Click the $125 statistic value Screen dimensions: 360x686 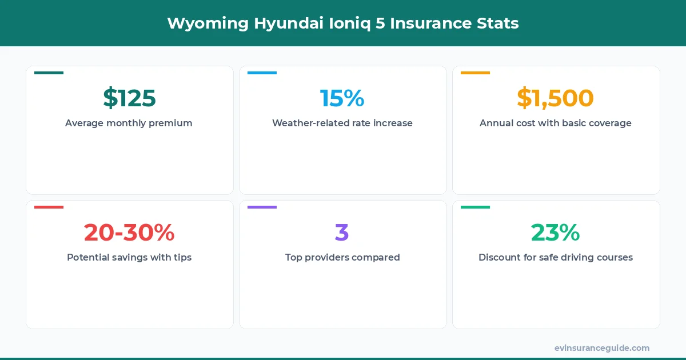click(x=129, y=98)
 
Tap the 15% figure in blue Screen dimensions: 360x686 click(x=342, y=98)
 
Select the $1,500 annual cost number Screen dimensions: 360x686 click(x=555, y=98)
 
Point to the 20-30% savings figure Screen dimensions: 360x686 click(x=129, y=233)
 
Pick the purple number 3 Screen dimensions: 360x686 click(x=342, y=233)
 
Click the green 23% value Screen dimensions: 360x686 click(x=555, y=233)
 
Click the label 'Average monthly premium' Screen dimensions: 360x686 click(x=129, y=123)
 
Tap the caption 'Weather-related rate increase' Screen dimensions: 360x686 click(x=342, y=123)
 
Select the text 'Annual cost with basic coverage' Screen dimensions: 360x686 click(x=555, y=123)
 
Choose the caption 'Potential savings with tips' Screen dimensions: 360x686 click(x=129, y=257)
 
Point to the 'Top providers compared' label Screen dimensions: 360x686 click(x=342, y=257)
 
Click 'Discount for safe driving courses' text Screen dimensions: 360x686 click(x=555, y=257)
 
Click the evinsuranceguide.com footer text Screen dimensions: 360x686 click(x=601, y=347)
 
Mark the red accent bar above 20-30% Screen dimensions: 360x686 click(x=49, y=207)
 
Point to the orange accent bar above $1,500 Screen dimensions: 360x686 click(x=475, y=73)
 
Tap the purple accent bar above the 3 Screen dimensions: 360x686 click(x=262, y=207)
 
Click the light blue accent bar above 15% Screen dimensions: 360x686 click(x=262, y=73)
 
